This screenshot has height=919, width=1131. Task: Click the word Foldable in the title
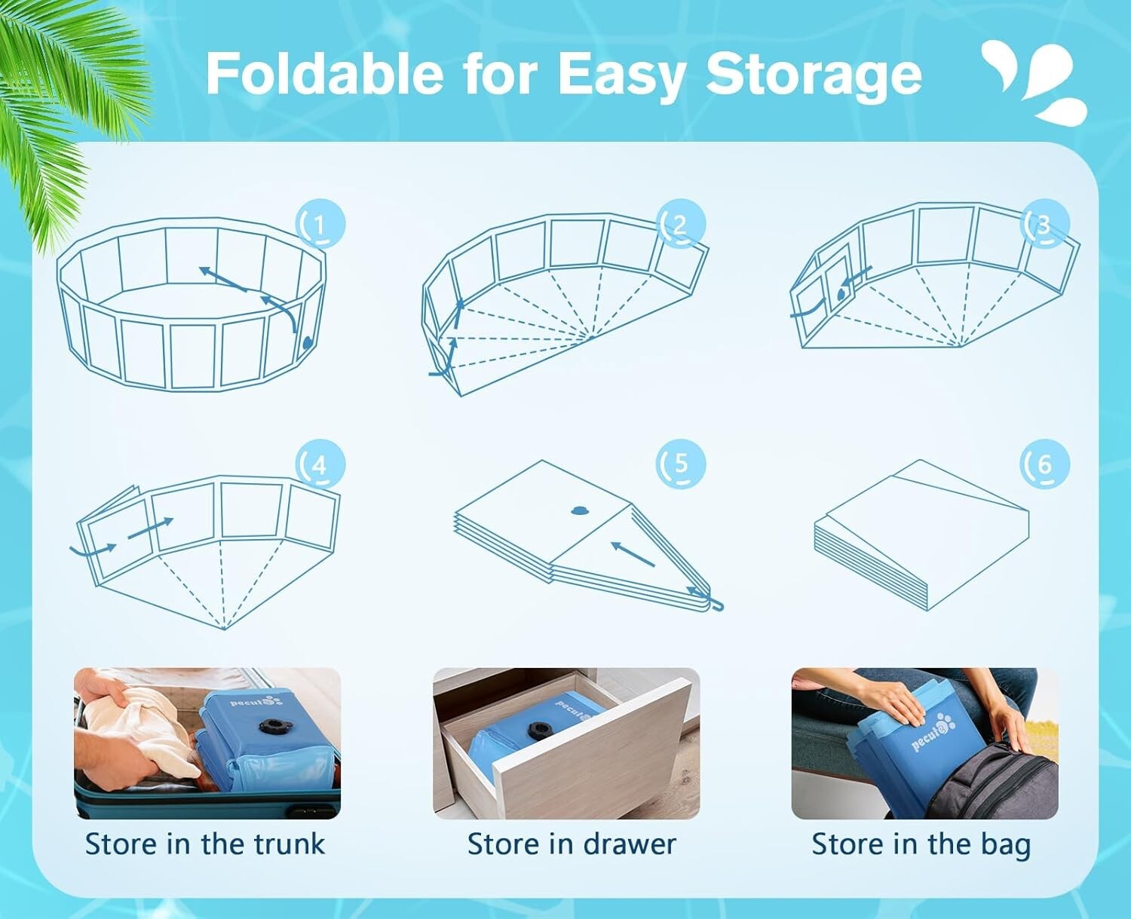click(325, 74)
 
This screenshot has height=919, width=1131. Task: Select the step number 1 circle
click(320, 224)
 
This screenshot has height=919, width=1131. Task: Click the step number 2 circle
click(682, 224)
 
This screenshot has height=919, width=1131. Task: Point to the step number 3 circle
click(1044, 224)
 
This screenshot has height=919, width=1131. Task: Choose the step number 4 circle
click(320, 465)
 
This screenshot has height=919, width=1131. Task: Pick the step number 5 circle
click(682, 464)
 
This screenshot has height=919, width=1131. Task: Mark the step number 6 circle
click(1044, 464)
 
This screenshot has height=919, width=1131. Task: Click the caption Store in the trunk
click(205, 844)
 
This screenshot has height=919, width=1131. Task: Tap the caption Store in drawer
click(572, 844)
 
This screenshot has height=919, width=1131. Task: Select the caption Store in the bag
click(921, 844)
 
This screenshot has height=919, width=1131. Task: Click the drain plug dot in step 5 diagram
click(578, 511)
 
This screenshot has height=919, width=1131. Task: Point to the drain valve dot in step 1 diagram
click(308, 342)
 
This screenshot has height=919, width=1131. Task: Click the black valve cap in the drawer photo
click(539, 730)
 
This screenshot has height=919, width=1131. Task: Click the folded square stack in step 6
click(921, 535)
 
